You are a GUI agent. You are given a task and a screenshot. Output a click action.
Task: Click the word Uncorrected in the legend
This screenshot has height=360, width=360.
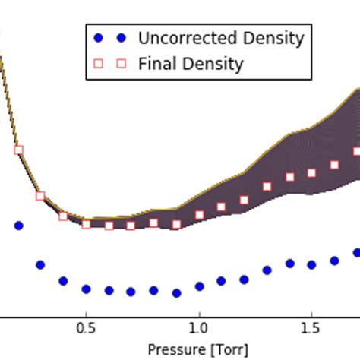point(185,38)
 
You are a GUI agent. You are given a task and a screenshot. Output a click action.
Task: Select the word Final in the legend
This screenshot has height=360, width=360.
point(156,64)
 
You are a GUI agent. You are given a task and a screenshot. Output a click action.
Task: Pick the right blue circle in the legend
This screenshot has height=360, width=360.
point(120,38)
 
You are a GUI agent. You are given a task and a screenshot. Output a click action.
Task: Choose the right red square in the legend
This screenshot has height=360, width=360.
point(120,64)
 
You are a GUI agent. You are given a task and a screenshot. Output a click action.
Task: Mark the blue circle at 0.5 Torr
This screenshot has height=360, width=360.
point(86,289)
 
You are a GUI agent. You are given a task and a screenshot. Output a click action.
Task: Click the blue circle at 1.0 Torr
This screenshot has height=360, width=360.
point(199,286)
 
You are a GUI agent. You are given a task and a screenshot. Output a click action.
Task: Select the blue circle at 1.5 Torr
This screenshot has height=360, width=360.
point(311,264)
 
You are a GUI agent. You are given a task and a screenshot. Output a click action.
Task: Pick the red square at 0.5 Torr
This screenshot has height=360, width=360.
point(86,224)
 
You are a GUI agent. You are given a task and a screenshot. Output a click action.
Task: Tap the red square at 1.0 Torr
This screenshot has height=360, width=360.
point(199,215)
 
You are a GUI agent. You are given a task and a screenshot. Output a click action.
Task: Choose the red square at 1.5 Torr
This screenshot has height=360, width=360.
point(311,173)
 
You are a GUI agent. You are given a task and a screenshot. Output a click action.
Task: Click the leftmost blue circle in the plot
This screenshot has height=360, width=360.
point(18,226)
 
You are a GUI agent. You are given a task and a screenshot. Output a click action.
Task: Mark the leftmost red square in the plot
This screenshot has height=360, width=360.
point(18,150)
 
